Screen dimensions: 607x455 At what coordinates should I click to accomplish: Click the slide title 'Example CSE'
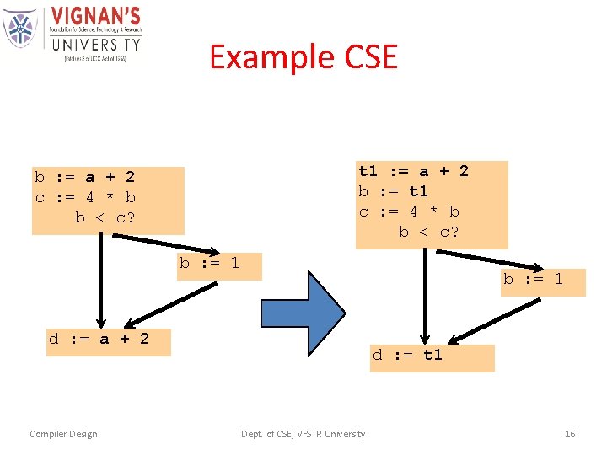(x=303, y=56)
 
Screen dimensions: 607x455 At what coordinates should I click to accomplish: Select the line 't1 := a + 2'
(x=413, y=171)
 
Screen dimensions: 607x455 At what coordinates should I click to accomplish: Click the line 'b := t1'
(x=393, y=191)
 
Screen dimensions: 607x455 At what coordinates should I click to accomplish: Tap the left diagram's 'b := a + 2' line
(x=84, y=177)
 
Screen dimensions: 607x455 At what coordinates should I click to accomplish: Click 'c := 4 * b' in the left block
(x=84, y=197)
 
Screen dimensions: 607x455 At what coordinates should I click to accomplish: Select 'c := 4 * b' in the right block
(x=409, y=211)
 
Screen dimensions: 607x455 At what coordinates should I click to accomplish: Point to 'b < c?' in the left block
(x=105, y=217)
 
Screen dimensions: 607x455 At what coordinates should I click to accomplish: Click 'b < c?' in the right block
(x=429, y=232)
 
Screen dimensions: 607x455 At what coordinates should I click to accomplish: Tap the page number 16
(x=570, y=434)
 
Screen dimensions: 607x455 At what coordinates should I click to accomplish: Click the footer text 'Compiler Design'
(x=63, y=434)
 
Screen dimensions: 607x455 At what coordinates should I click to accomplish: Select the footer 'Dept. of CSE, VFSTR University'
(x=303, y=434)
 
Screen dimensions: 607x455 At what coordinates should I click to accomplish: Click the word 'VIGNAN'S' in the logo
(x=95, y=17)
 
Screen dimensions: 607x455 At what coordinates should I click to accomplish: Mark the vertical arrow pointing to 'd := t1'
(x=427, y=295)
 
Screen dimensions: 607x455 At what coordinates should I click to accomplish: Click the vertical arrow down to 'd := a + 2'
(x=102, y=278)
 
